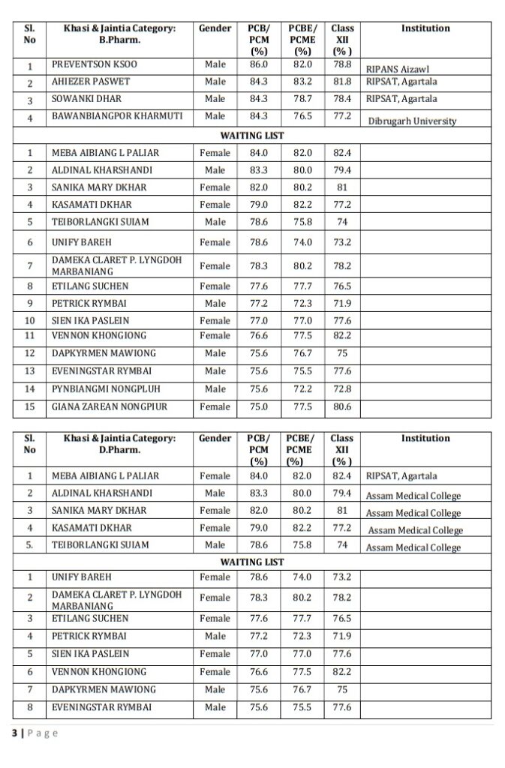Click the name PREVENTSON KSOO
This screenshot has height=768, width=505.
point(94,64)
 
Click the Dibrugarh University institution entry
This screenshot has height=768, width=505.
point(412,121)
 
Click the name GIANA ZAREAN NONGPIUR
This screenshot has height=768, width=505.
point(109,406)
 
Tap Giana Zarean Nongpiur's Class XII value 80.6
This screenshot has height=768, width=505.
point(342,406)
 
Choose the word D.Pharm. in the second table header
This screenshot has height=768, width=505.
point(120,450)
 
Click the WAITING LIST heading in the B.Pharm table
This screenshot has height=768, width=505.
point(252,135)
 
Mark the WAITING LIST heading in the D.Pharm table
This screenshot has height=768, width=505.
point(252,561)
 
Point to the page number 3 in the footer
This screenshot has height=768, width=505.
point(14,733)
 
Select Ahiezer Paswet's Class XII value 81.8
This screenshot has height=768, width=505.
point(342,82)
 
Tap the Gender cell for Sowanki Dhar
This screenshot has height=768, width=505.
point(215,99)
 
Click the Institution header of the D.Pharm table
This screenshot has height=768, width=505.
point(425,438)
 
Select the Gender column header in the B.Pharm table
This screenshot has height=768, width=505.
point(215,28)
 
